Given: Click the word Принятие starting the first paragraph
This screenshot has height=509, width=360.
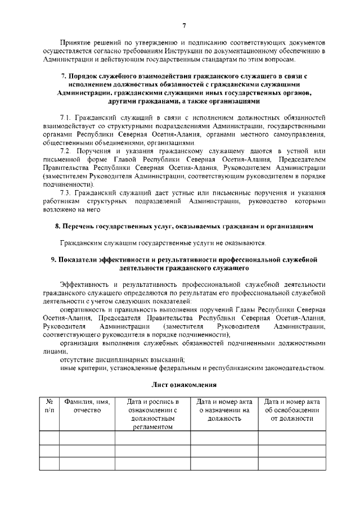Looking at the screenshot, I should [75, 42].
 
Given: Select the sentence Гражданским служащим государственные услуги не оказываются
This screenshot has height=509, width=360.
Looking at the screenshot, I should [163, 243].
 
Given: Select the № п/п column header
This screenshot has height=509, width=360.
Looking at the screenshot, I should [49, 406].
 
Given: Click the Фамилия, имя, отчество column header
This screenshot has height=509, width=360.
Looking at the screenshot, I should [87, 406].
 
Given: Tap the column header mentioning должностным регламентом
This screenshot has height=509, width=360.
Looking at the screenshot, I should [153, 414].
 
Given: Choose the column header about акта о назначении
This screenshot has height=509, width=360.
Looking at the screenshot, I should [224, 410].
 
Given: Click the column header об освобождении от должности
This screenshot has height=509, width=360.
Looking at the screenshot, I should [292, 410].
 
